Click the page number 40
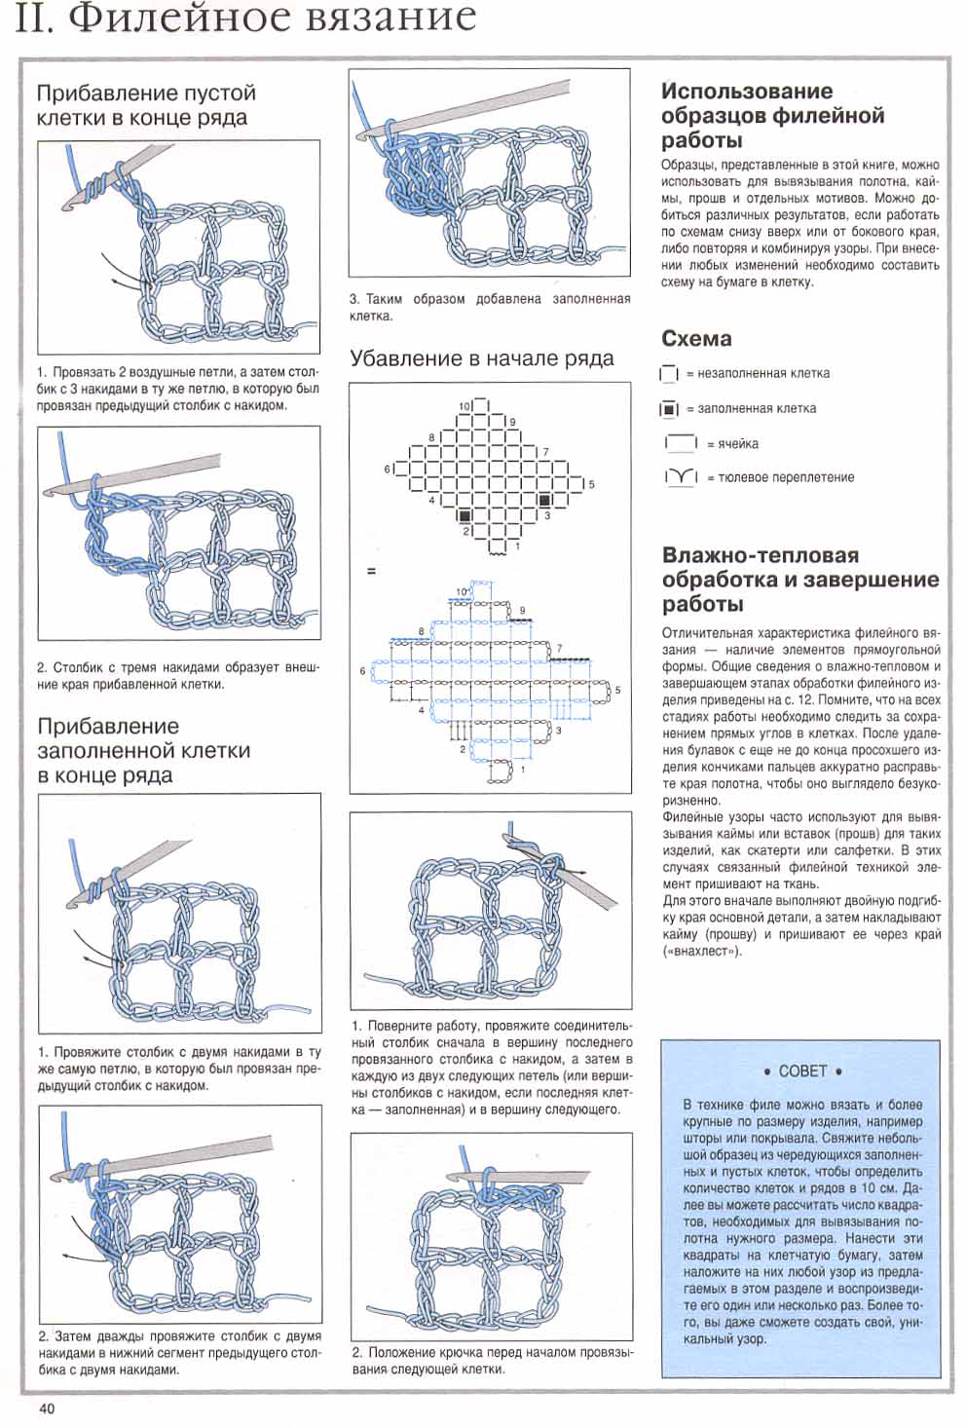(x=48, y=1408)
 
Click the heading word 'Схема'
(x=696, y=339)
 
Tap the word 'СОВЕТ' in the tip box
(x=802, y=1071)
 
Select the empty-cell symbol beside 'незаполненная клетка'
(x=668, y=374)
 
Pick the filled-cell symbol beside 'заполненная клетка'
(x=668, y=409)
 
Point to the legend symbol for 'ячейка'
(x=681, y=443)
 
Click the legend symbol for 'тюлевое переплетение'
(x=681, y=477)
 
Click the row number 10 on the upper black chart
(x=464, y=405)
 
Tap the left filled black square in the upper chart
(x=464, y=514)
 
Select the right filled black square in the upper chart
(x=545, y=499)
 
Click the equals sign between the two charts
(x=370, y=571)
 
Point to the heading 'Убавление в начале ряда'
(x=482, y=358)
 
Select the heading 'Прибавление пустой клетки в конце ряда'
(x=146, y=105)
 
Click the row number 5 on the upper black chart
(x=591, y=484)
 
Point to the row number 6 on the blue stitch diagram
(x=363, y=671)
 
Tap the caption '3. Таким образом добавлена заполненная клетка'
(x=490, y=307)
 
